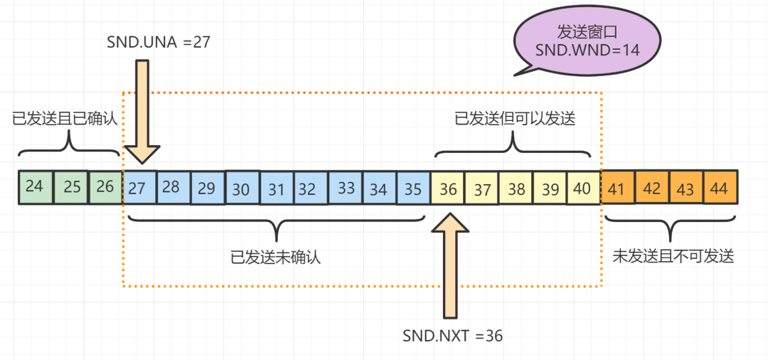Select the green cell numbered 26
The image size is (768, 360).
coord(105,188)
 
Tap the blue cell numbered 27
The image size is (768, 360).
coord(139,188)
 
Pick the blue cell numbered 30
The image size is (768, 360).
coord(242,189)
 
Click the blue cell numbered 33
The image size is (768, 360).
coord(346,189)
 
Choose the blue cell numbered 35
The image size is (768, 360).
coord(413,189)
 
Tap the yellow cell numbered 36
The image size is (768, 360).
coord(447,189)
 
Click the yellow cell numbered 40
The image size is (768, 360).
coord(584,189)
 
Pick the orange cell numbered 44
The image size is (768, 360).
coord(720,188)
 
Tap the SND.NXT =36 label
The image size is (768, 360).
coord(452,336)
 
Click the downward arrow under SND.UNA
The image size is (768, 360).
coord(142,111)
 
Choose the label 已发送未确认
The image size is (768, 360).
coord(276,256)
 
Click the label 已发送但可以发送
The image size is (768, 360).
coord(514,119)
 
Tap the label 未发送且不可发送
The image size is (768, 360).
coord(672,256)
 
